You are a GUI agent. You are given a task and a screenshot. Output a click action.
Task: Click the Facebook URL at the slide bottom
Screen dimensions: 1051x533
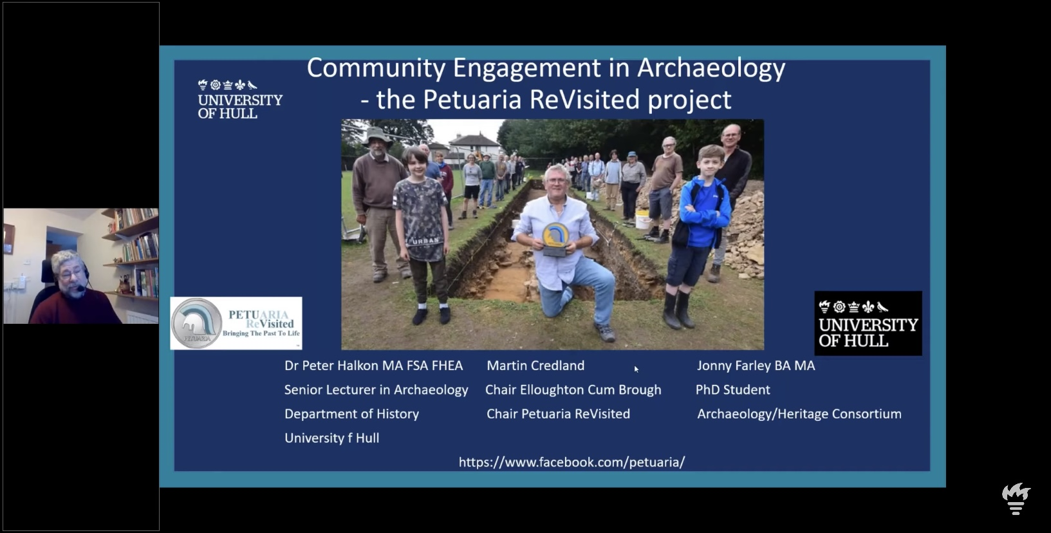pos(572,462)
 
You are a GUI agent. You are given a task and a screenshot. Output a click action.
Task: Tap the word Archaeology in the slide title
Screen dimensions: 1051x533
pos(711,68)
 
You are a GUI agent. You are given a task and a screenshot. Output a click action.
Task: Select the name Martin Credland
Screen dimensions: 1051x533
pos(535,366)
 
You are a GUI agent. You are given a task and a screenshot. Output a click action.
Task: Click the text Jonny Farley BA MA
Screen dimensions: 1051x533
pos(756,366)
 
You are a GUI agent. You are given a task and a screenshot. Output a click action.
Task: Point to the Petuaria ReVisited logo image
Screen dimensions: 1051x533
pos(236,323)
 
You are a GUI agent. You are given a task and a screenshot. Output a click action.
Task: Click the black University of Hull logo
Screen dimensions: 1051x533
pos(868,323)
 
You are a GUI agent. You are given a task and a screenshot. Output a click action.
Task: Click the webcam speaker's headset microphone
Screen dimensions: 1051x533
pos(81,287)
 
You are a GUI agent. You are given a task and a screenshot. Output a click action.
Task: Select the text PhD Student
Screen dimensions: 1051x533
pos(733,390)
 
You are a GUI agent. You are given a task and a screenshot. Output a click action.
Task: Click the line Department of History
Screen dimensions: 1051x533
pos(351,414)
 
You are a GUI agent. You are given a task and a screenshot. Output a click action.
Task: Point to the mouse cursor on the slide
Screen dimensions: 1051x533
pos(637,369)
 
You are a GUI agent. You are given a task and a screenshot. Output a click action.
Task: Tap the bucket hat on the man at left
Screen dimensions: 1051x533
pos(377,136)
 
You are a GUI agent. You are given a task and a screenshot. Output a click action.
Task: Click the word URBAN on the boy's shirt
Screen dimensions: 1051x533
pos(425,241)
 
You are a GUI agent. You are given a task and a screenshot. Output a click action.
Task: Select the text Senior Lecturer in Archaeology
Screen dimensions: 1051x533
pos(377,390)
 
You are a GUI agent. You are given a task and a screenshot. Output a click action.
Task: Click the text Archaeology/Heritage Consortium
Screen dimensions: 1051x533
pos(799,414)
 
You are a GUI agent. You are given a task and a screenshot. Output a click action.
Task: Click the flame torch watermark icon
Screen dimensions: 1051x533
pos(1016,499)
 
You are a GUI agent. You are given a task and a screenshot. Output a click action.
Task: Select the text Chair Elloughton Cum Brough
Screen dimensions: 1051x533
pos(573,390)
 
